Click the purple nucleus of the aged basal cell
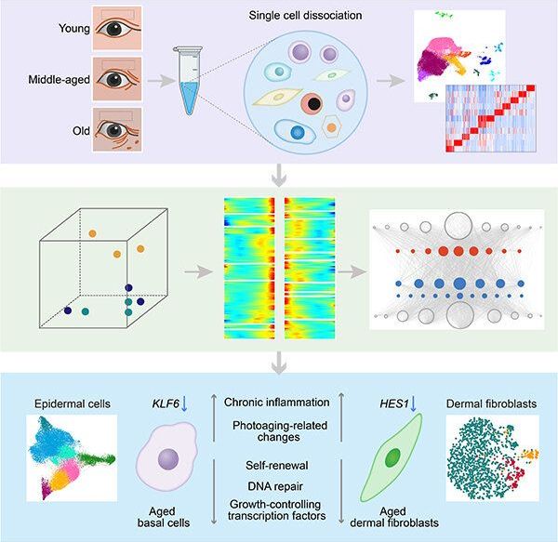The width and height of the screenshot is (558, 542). coord(167,458)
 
